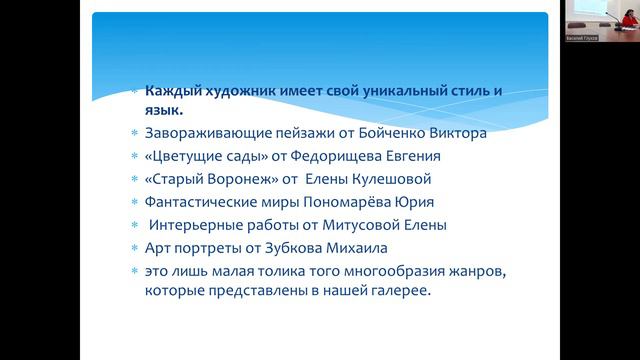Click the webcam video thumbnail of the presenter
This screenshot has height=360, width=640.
[x=601, y=22]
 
